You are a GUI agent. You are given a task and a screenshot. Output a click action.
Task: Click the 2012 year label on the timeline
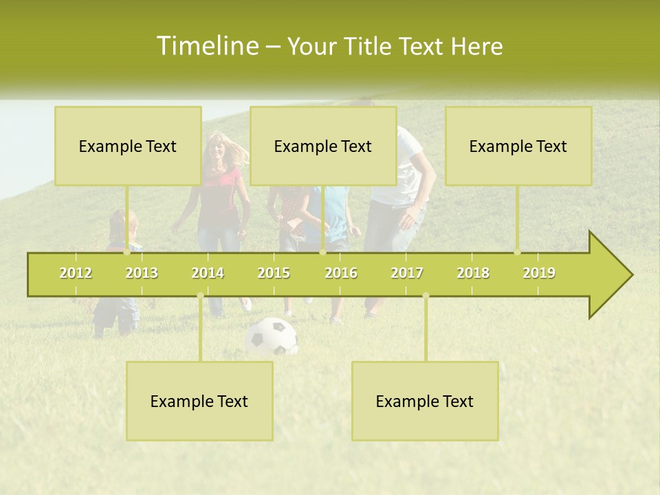pyautogui.click(x=76, y=273)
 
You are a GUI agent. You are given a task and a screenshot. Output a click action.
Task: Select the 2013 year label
pyautogui.click(x=142, y=273)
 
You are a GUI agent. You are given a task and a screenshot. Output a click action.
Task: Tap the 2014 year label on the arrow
pyautogui.click(x=208, y=273)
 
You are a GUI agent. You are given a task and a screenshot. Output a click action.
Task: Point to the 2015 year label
pyautogui.click(x=274, y=273)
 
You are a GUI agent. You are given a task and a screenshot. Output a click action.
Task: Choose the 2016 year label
pyautogui.click(x=341, y=273)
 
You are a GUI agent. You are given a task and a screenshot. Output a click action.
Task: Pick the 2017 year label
pyautogui.click(x=407, y=273)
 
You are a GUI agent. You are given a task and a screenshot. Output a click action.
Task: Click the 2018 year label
pyautogui.click(x=473, y=273)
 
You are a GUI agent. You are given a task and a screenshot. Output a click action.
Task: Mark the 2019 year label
pyautogui.click(x=539, y=273)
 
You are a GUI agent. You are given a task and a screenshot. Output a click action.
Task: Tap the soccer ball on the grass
pyautogui.click(x=272, y=336)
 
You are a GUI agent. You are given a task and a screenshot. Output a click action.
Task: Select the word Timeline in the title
pyautogui.click(x=206, y=46)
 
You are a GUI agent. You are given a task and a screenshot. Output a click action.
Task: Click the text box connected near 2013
pyautogui.click(x=128, y=146)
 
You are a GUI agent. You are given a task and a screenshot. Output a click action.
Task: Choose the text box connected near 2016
pyautogui.click(x=323, y=146)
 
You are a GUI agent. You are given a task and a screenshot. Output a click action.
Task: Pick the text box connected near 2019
pyautogui.click(x=518, y=146)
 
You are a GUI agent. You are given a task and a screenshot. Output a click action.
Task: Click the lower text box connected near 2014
pyautogui.click(x=199, y=401)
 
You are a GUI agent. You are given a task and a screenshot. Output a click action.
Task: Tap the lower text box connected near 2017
pyautogui.click(x=425, y=401)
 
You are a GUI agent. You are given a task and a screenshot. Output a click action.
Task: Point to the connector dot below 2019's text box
pyautogui.click(x=518, y=252)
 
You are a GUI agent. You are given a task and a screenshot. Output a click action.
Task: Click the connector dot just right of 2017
pyautogui.click(x=426, y=296)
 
